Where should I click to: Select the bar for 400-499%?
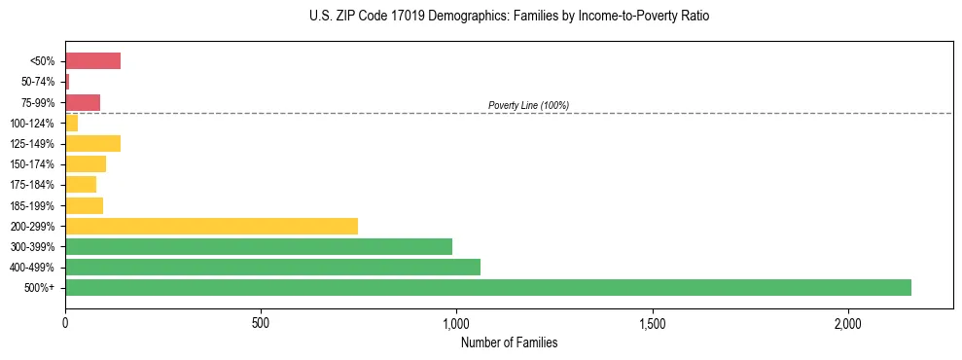pos(272,267)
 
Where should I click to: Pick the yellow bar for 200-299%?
pos(211,226)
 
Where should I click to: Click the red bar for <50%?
pos(92,61)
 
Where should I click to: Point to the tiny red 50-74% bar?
pos(67,82)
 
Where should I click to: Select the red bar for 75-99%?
pos(83,102)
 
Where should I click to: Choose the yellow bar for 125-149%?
pos(92,143)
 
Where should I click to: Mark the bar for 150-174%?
pos(86,163)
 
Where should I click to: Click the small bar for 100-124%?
pos(71,123)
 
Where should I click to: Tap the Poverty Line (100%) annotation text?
pos(528,105)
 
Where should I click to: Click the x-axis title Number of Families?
pos(509,342)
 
